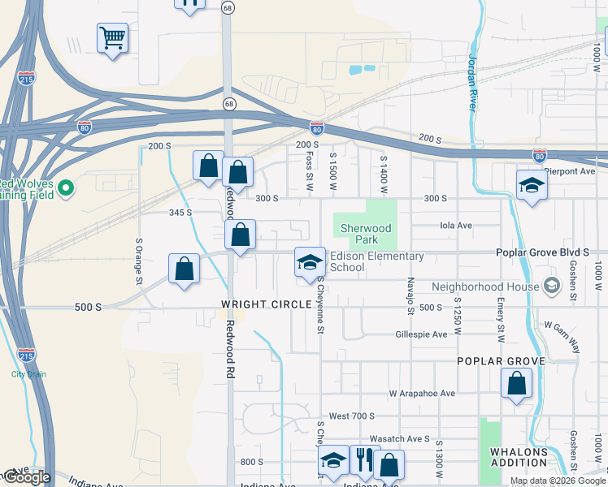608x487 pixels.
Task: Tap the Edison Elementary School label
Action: point(376,261)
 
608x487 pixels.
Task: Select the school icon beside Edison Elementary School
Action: point(309,262)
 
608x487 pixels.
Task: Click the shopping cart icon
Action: point(112,37)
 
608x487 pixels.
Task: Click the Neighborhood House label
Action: point(485,287)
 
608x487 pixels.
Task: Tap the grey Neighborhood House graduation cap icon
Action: point(552,286)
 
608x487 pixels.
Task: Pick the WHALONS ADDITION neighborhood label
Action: point(519,457)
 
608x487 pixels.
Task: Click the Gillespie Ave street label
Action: point(421,334)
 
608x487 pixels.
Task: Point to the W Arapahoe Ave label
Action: point(422,393)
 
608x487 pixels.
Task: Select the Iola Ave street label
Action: point(455,226)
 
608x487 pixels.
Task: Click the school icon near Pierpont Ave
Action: point(531,186)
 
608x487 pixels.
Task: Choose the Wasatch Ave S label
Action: point(402,438)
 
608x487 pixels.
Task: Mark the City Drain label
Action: point(28,374)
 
